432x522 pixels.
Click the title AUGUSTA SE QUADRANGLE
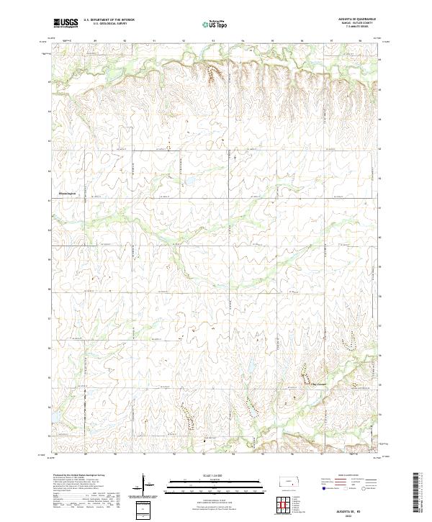[x=351, y=19]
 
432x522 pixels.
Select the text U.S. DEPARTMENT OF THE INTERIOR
[x=109, y=20]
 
